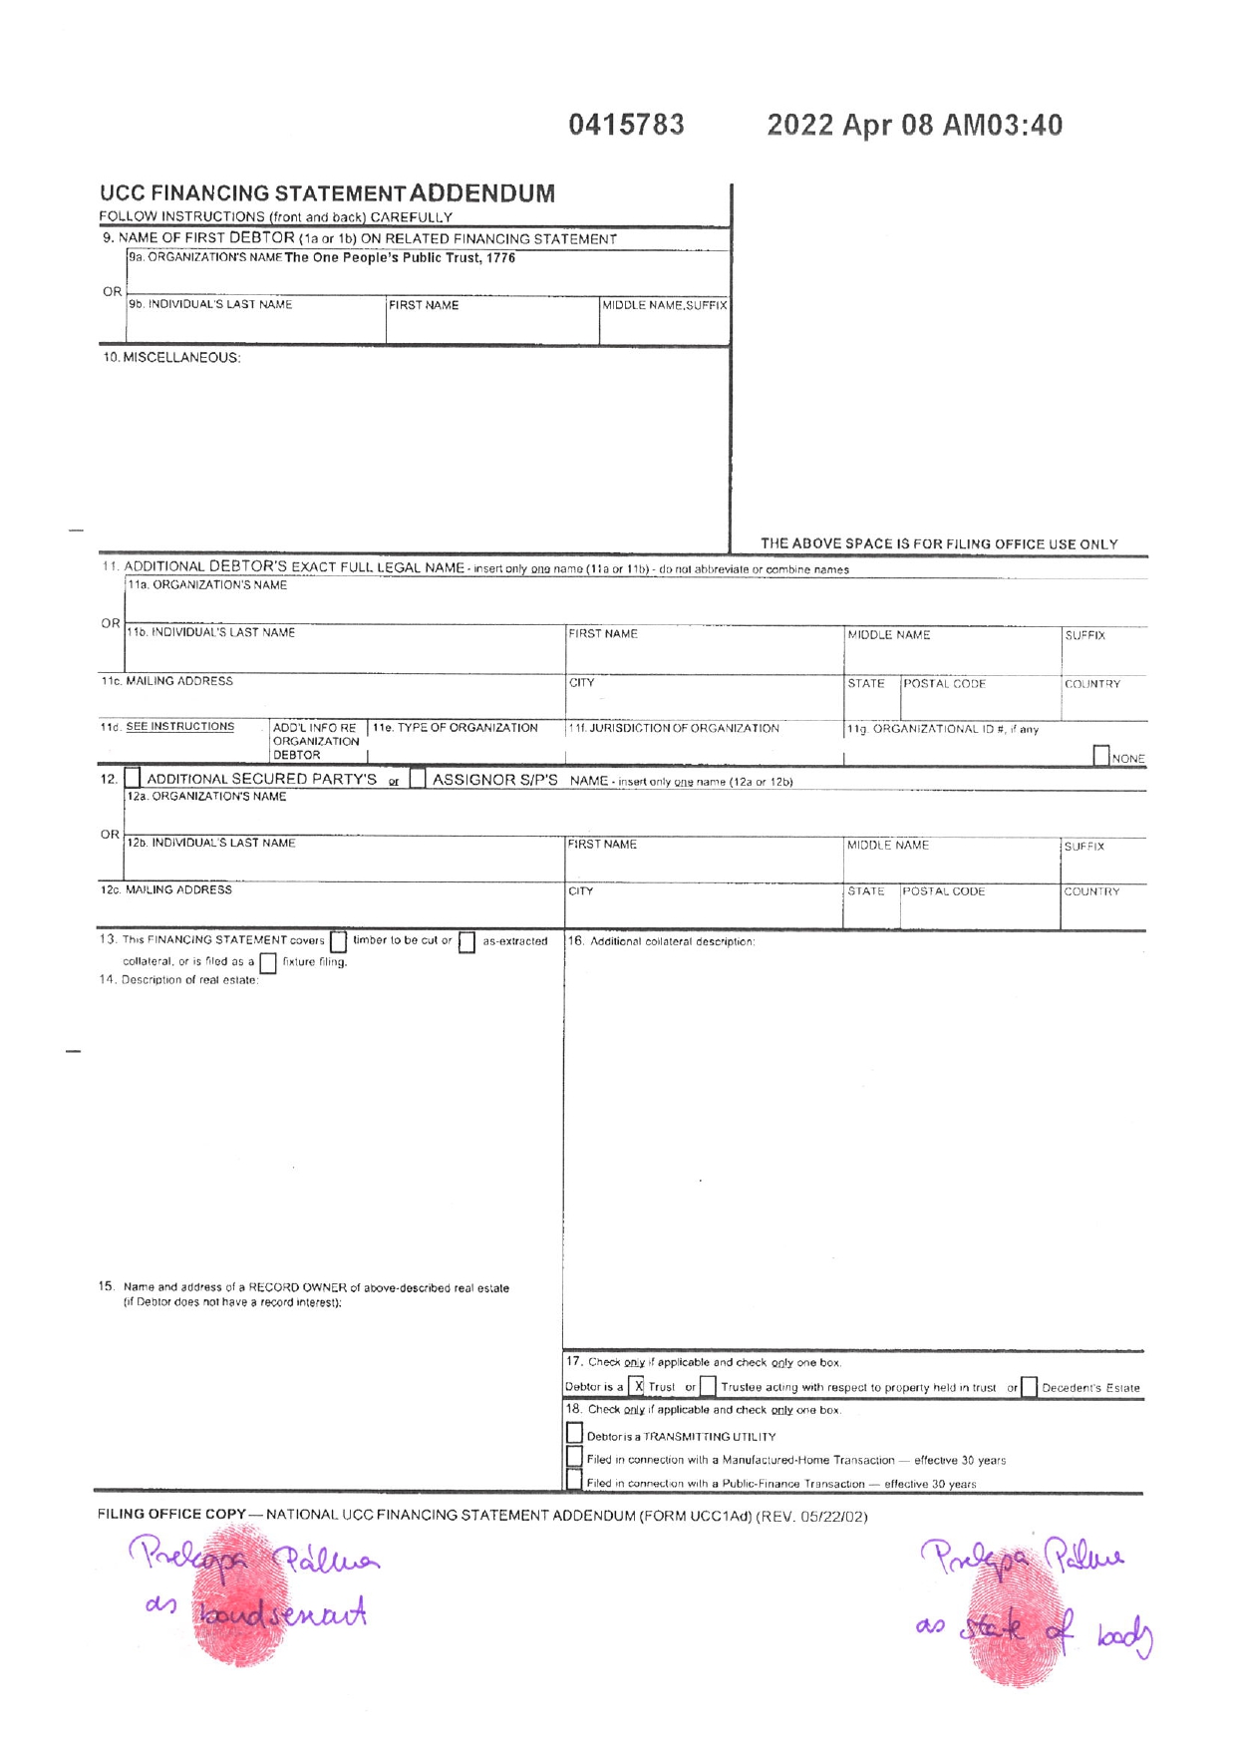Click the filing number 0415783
pyautogui.click(x=626, y=125)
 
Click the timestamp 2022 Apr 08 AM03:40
pyautogui.click(x=914, y=125)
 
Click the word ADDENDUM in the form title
pyautogui.click(x=481, y=192)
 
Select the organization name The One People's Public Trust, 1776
pyautogui.click(x=400, y=258)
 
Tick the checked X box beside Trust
pyautogui.click(x=638, y=1386)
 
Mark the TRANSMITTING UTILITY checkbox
pyautogui.click(x=574, y=1433)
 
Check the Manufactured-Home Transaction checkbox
pyautogui.click(x=574, y=1457)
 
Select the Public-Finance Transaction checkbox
pyautogui.click(x=574, y=1481)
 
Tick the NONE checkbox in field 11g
pyautogui.click(x=1100, y=756)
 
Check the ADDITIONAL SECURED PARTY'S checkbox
pyautogui.click(x=133, y=778)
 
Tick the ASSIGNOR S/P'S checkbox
pyautogui.click(x=418, y=778)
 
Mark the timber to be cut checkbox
pyautogui.click(x=338, y=941)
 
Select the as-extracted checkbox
pyautogui.click(x=466, y=942)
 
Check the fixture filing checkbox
pyautogui.click(x=267, y=963)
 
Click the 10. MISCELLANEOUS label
pyautogui.click(x=171, y=357)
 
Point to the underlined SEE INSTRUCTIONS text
pyautogui.click(x=179, y=727)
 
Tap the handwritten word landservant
pyautogui.click(x=282, y=1612)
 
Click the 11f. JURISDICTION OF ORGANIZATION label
pyautogui.click(x=674, y=728)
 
